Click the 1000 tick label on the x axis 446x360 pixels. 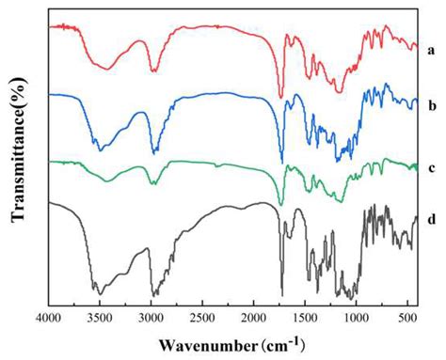coord(357,318)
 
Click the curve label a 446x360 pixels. coord(430,46)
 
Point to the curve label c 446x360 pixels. coord(430,168)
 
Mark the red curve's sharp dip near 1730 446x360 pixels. coord(280,96)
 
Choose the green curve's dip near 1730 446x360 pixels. coord(280,205)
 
